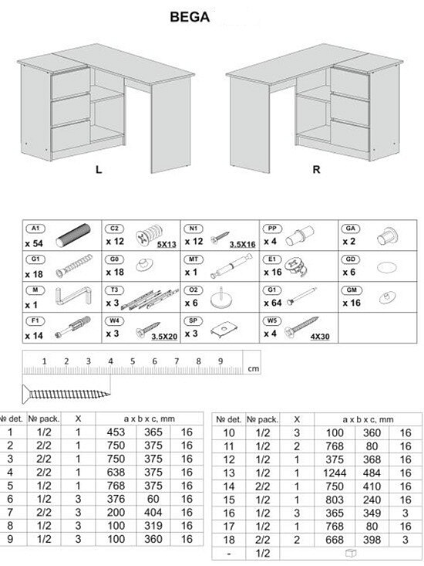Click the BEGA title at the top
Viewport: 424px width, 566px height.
190,17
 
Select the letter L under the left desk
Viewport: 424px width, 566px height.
99,169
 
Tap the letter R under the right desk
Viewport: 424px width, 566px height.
316,169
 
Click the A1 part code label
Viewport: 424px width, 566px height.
35,228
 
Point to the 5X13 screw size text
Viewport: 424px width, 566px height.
167,244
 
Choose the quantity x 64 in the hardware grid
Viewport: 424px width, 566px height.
272,303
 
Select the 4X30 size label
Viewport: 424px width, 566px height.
320,337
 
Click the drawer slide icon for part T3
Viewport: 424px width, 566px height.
150,300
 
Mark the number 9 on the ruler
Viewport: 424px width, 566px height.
220,361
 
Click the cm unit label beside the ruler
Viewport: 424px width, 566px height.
254,368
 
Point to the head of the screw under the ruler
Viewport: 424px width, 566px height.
25,394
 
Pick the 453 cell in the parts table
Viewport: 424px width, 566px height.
116,432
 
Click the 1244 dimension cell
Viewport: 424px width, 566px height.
335,473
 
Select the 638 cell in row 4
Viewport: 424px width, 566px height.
116,472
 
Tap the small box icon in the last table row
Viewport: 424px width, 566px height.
351,553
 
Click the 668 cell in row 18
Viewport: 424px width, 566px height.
335,540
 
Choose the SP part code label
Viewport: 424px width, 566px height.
193,320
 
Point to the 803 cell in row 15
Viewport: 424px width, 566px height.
335,500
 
